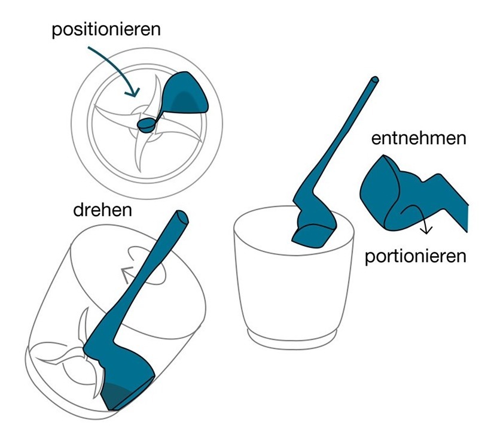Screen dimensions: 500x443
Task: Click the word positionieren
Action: click(x=106, y=30)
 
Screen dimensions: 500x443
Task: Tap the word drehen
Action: click(x=103, y=210)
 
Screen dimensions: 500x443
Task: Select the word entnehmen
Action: click(x=419, y=138)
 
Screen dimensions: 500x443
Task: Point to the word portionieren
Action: click(x=416, y=256)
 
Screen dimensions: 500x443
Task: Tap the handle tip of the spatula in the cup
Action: click(x=374, y=80)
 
